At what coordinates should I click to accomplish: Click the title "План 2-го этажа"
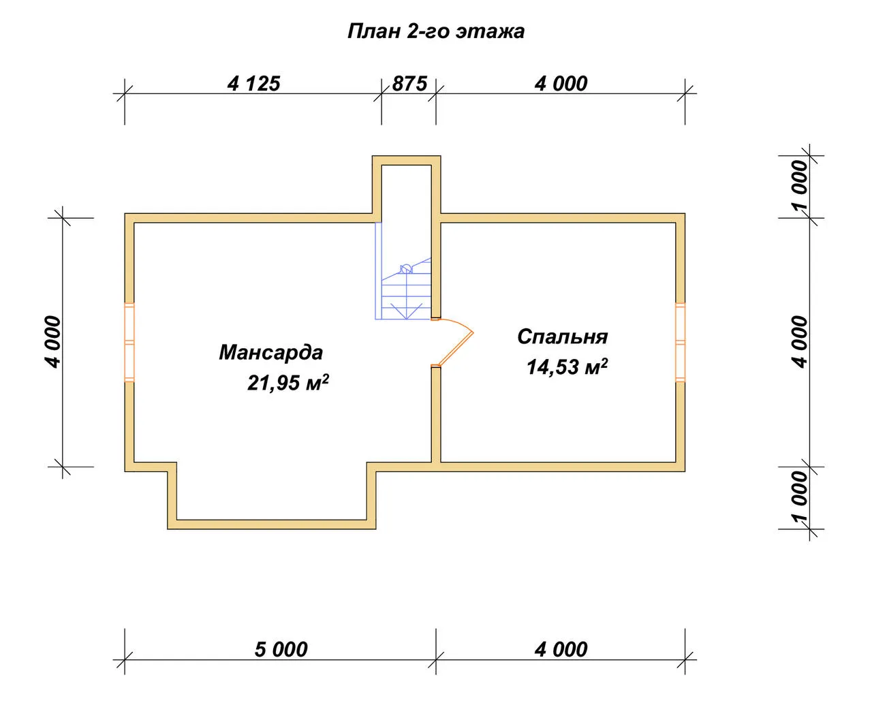(x=435, y=32)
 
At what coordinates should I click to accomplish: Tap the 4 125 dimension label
(x=253, y=84)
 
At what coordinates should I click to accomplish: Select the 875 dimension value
(x=409, y=84)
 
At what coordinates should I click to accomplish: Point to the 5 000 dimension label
(x=281, y=649)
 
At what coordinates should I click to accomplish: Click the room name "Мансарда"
(x=270, y=352)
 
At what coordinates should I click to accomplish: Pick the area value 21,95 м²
(x=288, y=382)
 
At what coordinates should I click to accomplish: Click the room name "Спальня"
(x=563, y=337)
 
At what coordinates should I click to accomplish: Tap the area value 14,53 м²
(x=567, y=367)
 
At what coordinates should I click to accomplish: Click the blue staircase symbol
(x=403, y=271)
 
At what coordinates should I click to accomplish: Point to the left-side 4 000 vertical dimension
(x=53, y=342)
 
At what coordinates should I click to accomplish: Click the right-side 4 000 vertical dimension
(x=800, y=342)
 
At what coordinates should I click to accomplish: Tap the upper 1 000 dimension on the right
(x=800, y=185)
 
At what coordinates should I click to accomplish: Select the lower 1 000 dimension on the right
(x=800, y=497)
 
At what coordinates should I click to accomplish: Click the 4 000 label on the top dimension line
(x=561, y=84)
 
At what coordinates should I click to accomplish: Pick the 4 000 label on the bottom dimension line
(x=561, y=649)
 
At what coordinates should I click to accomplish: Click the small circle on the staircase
(x=405, y=268)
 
